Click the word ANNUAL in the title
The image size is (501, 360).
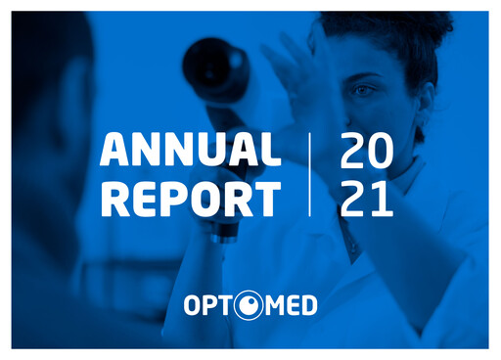[x=190, y=151]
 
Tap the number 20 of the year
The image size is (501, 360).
[x=366, y=151]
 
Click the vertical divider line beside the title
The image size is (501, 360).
[x=310, y=175]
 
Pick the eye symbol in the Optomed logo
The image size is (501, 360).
[x=249, y=306]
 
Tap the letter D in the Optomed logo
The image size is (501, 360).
[x=307, y=306]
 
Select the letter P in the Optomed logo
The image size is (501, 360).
[x=209, y=306]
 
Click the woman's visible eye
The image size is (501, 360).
[x=362, y=90]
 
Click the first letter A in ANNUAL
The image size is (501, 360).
[x=114, y=151]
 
